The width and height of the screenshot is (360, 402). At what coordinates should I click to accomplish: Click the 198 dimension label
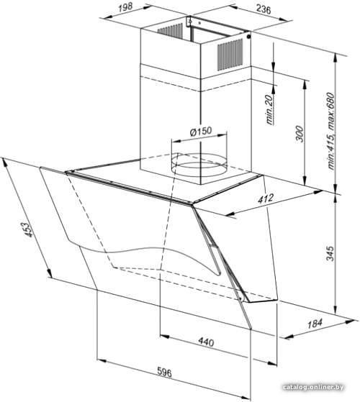[125, 7]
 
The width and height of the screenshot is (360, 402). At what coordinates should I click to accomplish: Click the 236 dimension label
[264, 10]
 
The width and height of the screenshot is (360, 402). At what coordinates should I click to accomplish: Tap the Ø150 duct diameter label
[200, 132]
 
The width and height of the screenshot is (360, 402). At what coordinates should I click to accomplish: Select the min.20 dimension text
[269, 110]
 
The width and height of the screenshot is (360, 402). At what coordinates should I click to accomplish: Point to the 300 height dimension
[300, 134]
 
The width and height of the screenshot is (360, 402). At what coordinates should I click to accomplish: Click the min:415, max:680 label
[331, 131]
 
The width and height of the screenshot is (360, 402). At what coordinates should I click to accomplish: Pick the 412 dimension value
[266, 199]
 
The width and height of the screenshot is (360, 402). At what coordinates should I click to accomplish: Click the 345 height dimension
[330, 254]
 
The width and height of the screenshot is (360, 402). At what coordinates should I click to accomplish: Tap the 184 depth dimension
[315, 324]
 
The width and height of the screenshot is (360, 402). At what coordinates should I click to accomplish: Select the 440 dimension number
[206, 342]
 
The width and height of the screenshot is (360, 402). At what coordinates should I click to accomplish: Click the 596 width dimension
[164, 372]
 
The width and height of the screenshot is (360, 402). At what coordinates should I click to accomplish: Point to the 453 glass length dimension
[28, 229]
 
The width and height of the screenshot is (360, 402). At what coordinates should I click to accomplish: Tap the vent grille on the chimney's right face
[230, 55]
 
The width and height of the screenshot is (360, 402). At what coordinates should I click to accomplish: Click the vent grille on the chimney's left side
[170, 31]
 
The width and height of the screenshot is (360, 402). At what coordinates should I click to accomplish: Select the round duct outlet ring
[199, 163]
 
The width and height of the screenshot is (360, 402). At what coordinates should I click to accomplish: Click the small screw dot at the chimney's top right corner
[248, 37]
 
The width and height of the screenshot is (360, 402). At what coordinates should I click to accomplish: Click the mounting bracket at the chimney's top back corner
[189, 21]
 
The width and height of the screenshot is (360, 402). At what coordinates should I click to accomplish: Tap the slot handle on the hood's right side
[215, 259]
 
